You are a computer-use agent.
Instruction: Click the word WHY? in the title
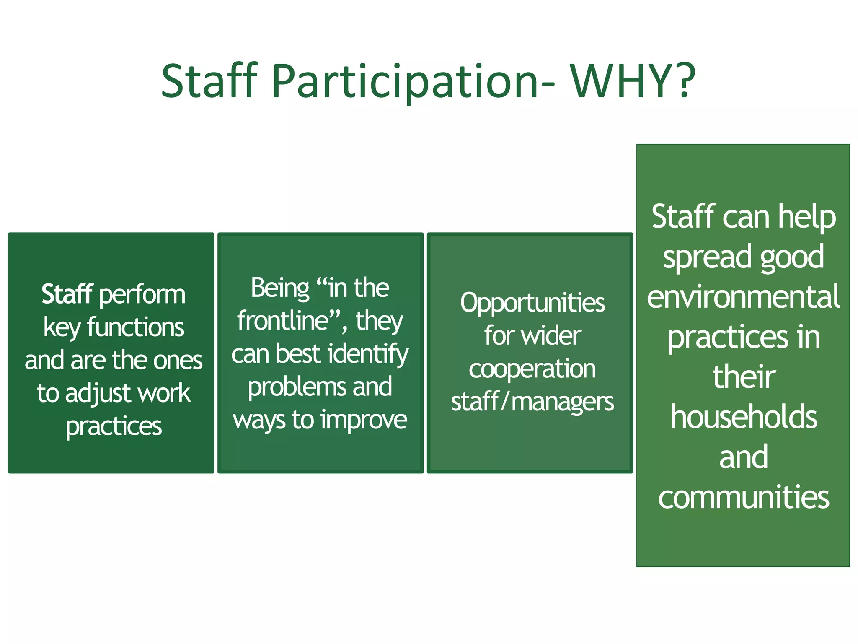(x=633, y=81)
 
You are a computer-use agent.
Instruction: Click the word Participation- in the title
(x=413, y=81)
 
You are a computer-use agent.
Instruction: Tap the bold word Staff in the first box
(x=67, y=294)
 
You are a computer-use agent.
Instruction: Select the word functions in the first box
(x=135, y=327)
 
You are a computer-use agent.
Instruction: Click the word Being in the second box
(x=280, y=288)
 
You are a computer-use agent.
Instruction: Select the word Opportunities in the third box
(x=532, y=304)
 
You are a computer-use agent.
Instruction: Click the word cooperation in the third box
(x=532, y=369)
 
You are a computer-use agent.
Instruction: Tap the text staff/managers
(x=532, y=402)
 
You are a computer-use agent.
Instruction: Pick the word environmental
(x=743, y=297)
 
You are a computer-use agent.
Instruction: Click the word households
(x=743, y=417)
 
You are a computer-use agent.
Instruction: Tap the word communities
(x=743, y=497)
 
